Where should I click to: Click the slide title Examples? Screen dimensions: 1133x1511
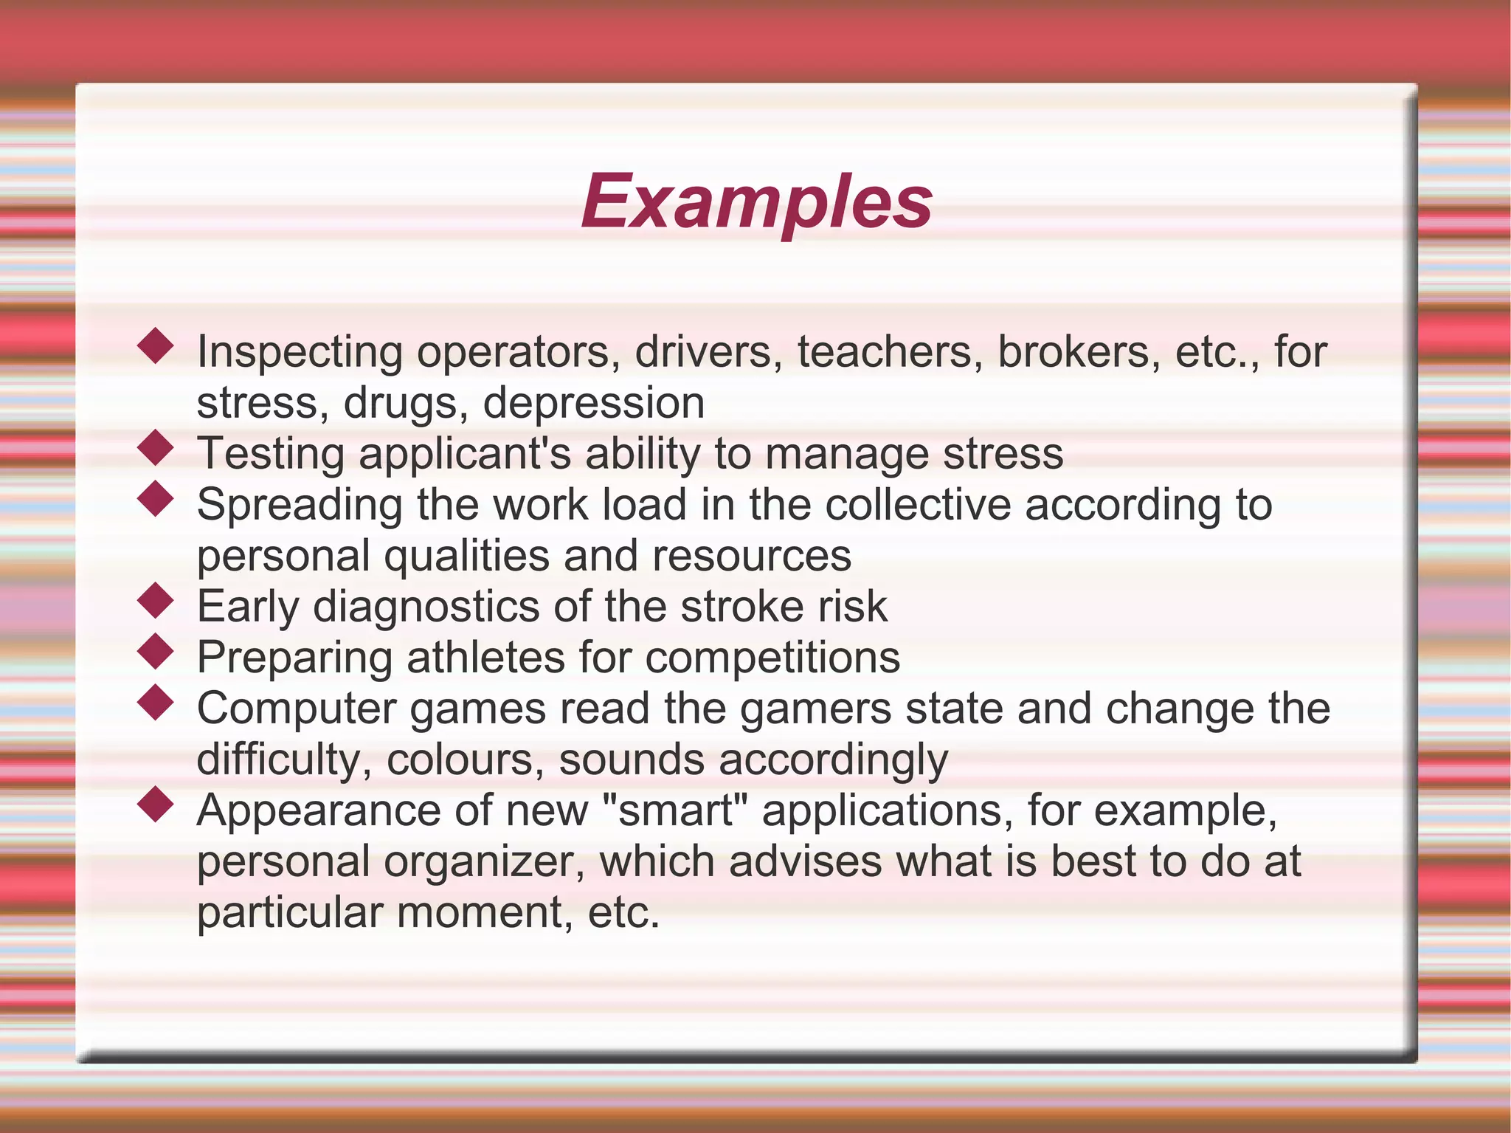(x=757, y=202)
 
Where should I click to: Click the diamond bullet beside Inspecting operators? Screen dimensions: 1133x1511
(x=156, y=345)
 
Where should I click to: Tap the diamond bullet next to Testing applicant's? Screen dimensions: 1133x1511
(x=156, y=447)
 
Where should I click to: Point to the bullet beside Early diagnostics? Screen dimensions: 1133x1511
(x=156, y=600)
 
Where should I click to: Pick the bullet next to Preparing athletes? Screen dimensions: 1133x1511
(x=156, y=651)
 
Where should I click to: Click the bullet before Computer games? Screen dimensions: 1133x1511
(x=156, y=702)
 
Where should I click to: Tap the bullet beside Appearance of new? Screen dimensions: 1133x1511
(x=156, y=804)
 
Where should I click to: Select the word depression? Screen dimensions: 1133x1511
(x=594, y=404)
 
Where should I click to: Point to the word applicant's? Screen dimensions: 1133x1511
(x=465, y=455)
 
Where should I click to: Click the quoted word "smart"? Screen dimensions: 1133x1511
(x=674, y=810)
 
